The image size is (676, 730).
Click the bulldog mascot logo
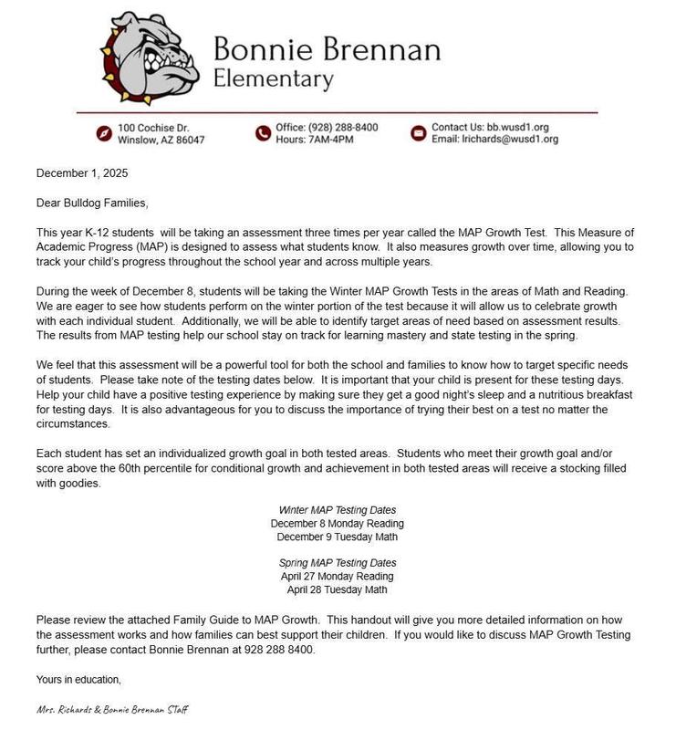[151, 57]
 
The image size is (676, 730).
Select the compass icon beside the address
[104, 133]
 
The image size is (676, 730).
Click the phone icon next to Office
[263, 133]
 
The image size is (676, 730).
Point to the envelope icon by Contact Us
[419, 133]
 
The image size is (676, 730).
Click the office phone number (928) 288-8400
[344, 127]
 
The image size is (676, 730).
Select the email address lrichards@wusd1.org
[512, 140]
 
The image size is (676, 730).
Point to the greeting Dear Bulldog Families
[91, 203]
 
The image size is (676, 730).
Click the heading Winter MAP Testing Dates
[338, 509]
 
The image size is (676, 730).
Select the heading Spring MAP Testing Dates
[338, 563]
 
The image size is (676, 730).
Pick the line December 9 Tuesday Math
[338, 537]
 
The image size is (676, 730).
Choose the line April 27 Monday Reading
[338, 577]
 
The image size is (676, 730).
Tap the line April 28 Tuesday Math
[338, 590]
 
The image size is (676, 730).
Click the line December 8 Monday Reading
[338, 524]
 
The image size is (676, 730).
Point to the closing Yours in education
[78, 679]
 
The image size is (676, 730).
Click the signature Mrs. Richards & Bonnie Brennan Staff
[114, 709]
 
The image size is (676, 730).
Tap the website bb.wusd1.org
[517, 127]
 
